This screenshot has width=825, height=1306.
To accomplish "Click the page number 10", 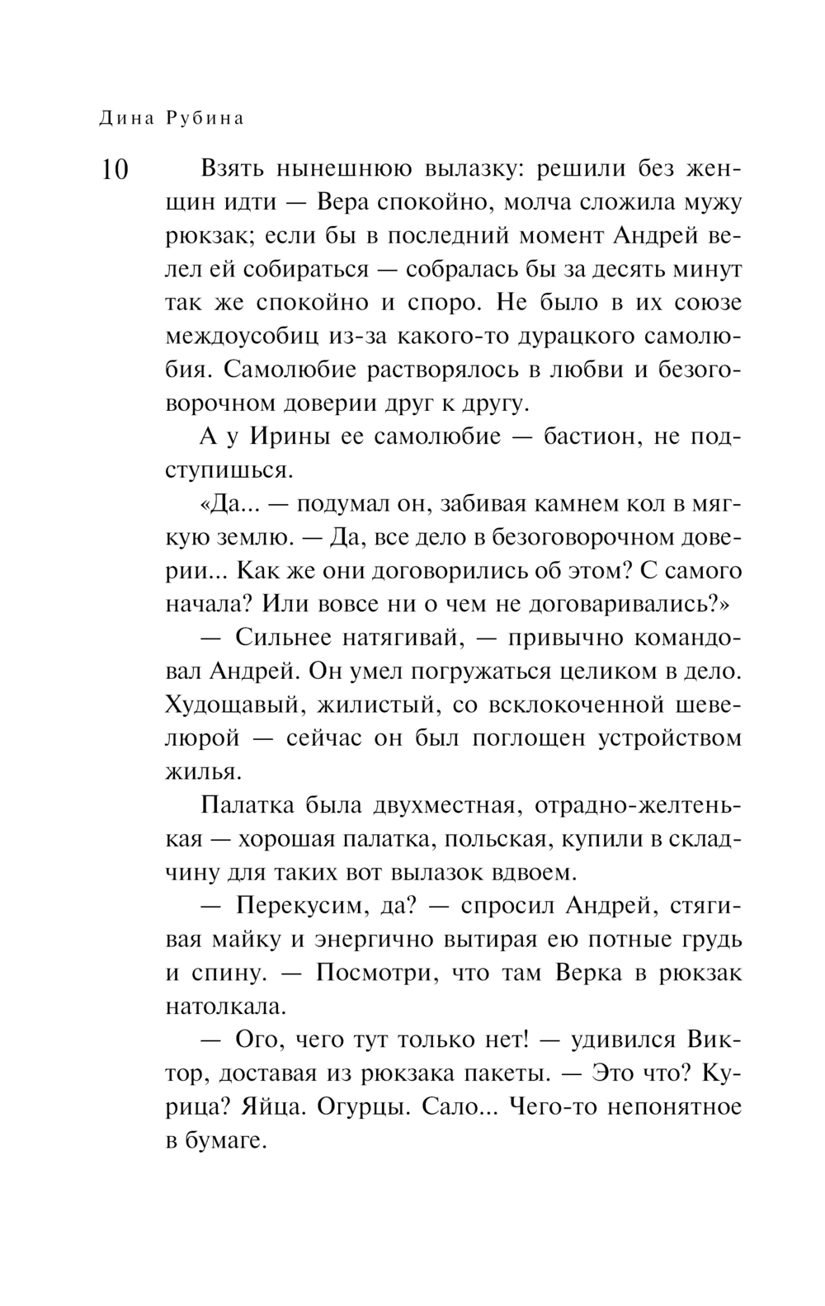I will click(115, 169).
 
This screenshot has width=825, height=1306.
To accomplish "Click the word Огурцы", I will click(358, 1106).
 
